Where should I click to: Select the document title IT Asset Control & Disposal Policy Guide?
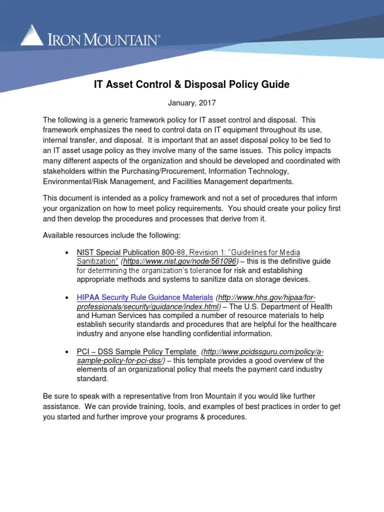191,84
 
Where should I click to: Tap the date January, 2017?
191,103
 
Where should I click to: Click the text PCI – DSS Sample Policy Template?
136,351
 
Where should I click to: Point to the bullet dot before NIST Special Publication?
66,252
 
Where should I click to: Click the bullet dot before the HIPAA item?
66,298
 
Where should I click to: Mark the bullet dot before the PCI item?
66,352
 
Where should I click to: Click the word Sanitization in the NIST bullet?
97,261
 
